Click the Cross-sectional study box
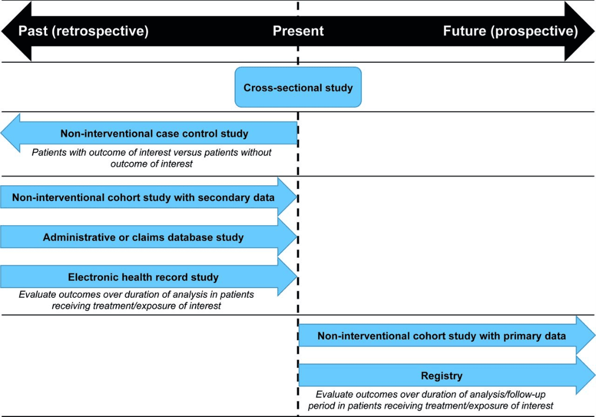tap(298, 87)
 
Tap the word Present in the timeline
tap(298, 31)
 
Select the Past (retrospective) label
tap(83, 31)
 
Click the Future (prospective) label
tap(510, 31)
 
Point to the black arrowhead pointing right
tap(579, 31)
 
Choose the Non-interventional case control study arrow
tap(149, 133)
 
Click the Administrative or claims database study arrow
tap(148, 237)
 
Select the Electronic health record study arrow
tap(148, 277)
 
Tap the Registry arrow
tap(447, 375)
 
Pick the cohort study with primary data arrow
tap(447, 335)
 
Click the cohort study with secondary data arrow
tap(148, 197)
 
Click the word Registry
tap(442, 376)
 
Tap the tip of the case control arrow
tap(1, 133)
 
